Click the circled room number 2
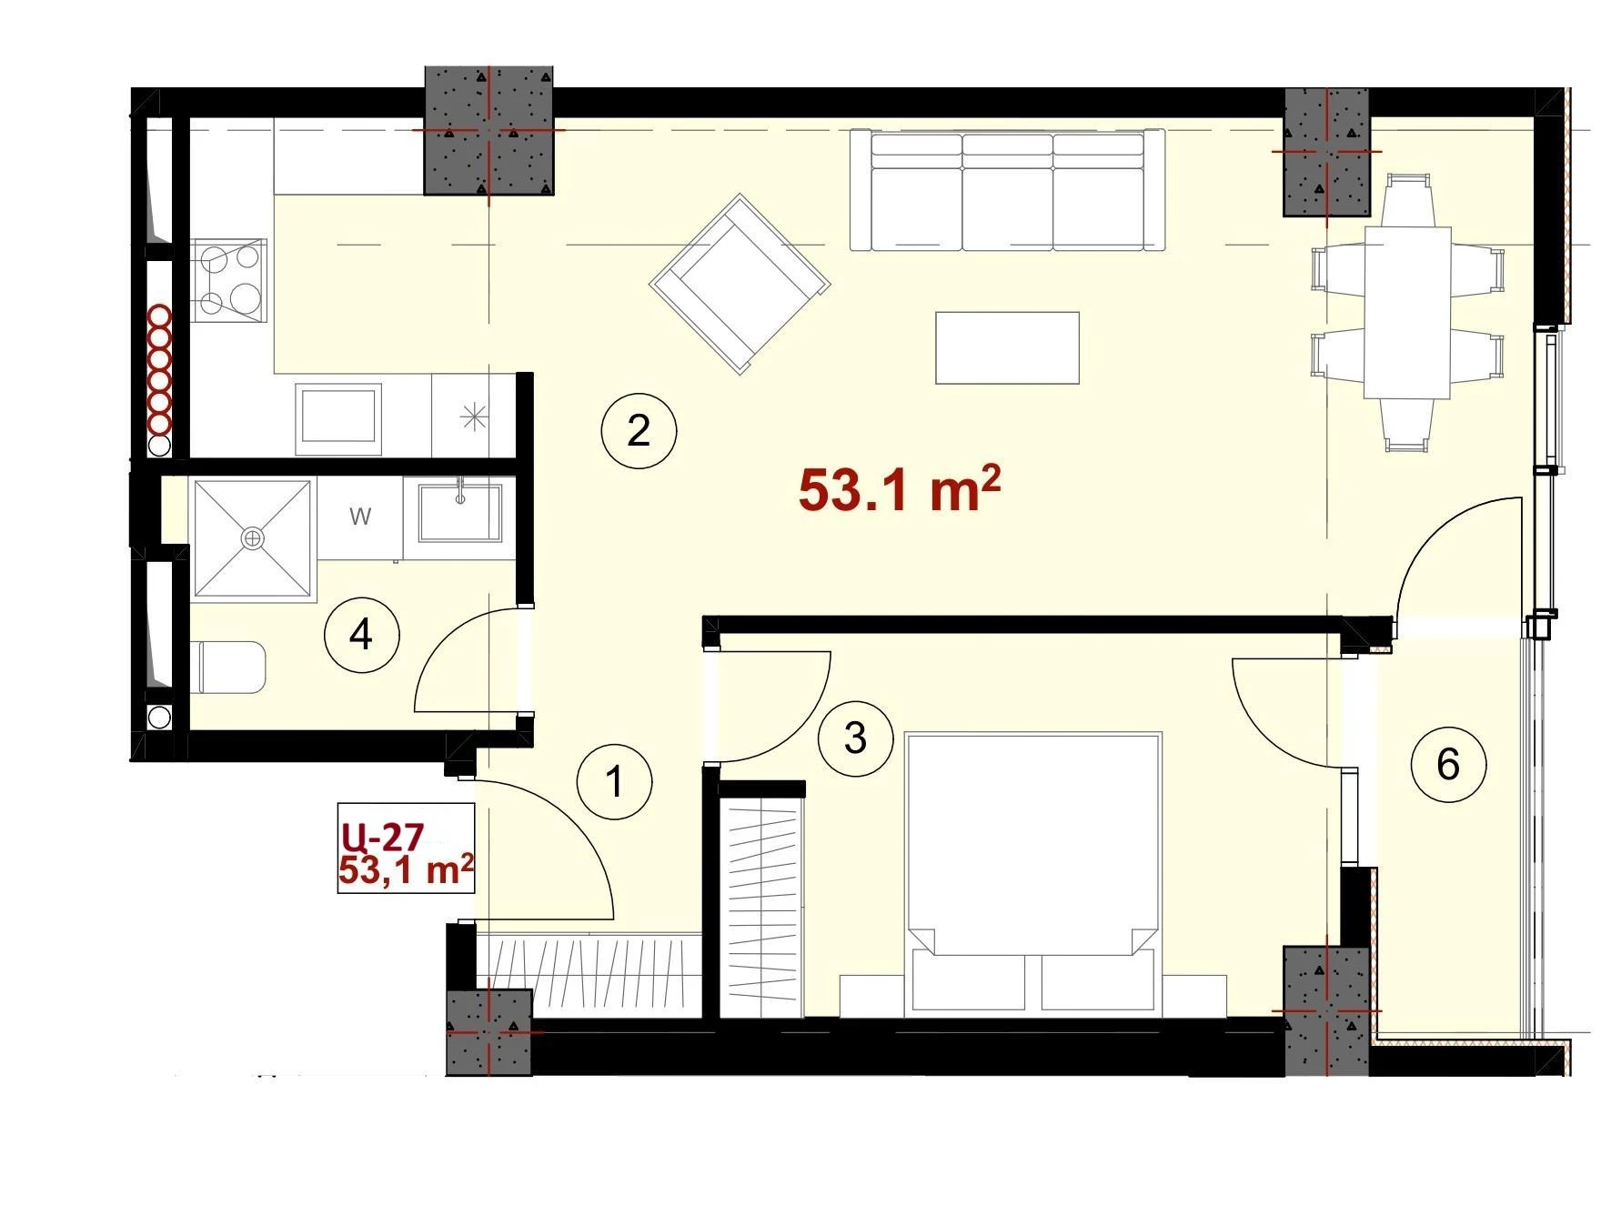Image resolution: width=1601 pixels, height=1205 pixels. [x=639, y=430]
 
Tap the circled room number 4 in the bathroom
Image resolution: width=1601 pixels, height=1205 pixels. [x=361, y=634]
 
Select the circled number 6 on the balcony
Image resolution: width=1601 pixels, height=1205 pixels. [x=1447, y=764]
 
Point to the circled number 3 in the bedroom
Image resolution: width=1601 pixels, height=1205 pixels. [x=855, y=738]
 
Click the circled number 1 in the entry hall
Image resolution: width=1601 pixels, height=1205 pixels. [x=615, y=781]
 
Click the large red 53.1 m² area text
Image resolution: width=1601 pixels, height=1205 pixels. [x=899, y=490]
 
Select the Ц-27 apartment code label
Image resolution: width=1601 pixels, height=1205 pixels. [x=382, y=835]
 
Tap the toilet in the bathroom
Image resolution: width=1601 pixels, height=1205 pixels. [x=232, y=667]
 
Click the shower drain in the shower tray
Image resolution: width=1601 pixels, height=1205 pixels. [x=251, y=538]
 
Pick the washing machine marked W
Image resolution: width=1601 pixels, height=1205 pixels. [x=360, y=517]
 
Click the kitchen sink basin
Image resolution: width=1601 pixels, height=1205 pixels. [x=337, y=417]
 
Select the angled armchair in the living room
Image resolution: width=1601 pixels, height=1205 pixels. [x=740, y=283]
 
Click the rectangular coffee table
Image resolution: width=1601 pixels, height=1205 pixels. [x=1008, y=347]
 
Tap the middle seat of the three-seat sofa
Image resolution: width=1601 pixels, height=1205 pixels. [x=1007, y=191]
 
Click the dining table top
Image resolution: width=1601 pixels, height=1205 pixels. [x=1406, y=312]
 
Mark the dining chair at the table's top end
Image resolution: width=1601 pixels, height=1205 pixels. [x=1407, y=199]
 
